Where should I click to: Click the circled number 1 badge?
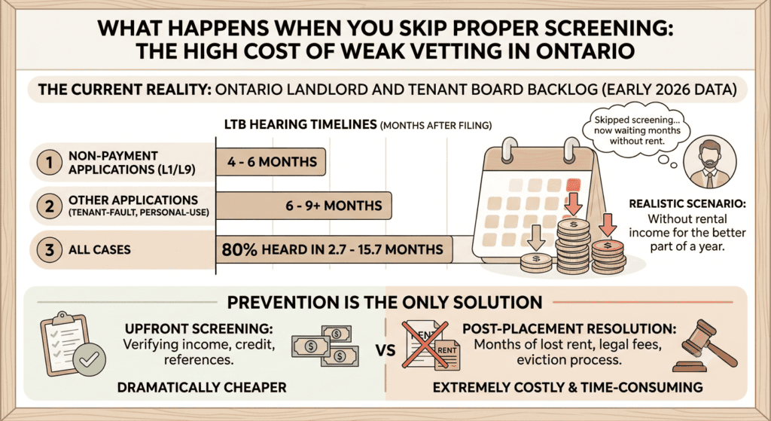(49, 163)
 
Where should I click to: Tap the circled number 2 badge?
(49, 206)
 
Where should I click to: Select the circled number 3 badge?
(49, 250)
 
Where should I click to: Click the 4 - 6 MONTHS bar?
(271, 162)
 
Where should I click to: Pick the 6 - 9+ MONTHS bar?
(304, 206)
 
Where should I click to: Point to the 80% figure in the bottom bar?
(239, 250)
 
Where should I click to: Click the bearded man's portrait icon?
(709, 163)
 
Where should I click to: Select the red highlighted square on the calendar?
(573, 185)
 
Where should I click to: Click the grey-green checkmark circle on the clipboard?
(89, 359)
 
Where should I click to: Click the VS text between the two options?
(385, 351)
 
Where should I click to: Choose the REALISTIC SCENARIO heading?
(687, 203)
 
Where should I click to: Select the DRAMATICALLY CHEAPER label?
(202, 388)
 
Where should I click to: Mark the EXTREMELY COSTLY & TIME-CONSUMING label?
(568, 388)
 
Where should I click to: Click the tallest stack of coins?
(573, 246)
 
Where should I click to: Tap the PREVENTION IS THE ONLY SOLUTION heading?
(385, 302)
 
